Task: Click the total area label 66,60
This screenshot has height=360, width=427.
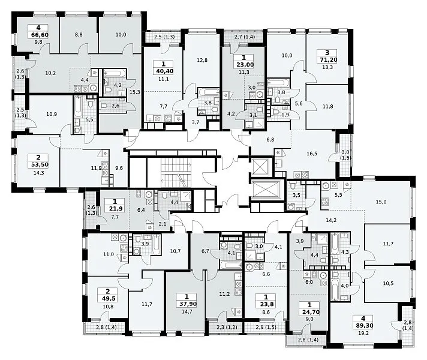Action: pyautogui.click(x=38, y=35)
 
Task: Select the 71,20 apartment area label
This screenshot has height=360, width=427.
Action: pyautogui.click(x=327, y=59)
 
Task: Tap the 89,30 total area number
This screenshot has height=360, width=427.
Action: pyautogui.click(x=363, y=325)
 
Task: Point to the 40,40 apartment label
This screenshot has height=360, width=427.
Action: pyautogui.click(x=163, y=71)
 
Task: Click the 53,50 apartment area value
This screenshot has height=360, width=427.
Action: pyautogui.click(x=38, y=164)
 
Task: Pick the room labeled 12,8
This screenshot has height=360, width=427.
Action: pyautogui.click(x=202, y=60)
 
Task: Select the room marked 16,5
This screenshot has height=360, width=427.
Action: pyautogui.click(x=311, y=154)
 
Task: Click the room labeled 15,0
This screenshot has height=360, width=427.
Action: pyautogui.click(x=381, y=202)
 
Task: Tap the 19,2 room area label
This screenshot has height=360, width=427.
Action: pyautogui.click(x=363, y=332)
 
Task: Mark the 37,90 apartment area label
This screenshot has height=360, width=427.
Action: pyautogui.click(x=187, y=304)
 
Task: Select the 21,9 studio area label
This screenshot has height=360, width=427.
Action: pyautogui.click(x=115, y=209)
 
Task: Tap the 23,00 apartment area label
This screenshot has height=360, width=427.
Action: pyautogui.click(x=244, y=65)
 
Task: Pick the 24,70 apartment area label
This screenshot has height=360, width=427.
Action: pyautogui.click(x=309, y=312)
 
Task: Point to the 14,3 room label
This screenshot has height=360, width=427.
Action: pyautogui.click(x=38, y=172)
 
